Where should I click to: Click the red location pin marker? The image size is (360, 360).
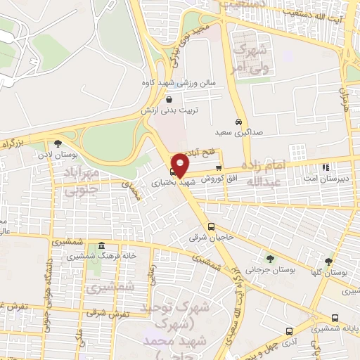[x=181, y=165]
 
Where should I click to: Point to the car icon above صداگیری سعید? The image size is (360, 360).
[x=239, y=121]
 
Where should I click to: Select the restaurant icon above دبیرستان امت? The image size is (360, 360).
[x=325, y=167]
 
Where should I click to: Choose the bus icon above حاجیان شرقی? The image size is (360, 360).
[x=211, y=226]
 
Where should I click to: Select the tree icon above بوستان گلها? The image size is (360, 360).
[x=328, y=262]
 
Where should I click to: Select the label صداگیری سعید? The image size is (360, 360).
[x=233, y=131]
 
